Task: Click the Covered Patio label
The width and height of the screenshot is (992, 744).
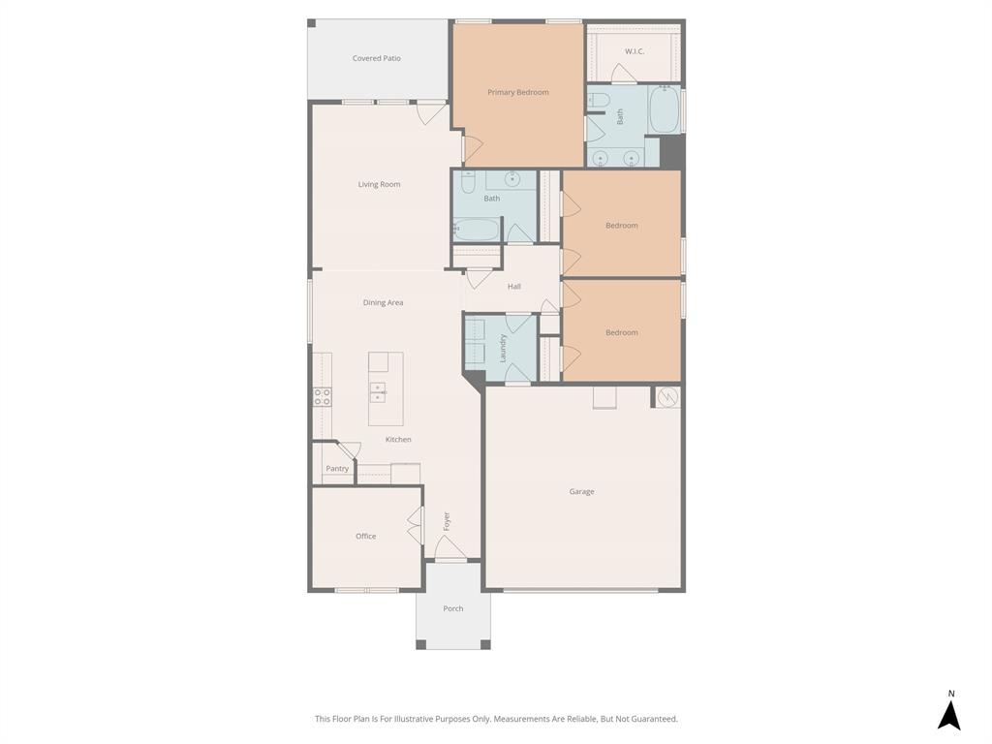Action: [x=376, y=58]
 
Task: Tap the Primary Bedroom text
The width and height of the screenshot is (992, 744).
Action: [x=517, y=92]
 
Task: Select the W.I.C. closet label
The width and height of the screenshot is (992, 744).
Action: [x=635, y=51]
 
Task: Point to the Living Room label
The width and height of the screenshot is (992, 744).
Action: [x=379, y=184]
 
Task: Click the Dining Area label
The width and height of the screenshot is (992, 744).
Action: [x=383, y=302]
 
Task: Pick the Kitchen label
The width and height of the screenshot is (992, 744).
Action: [x=398, y=440]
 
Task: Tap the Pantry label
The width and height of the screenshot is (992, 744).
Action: [x=337, y=469]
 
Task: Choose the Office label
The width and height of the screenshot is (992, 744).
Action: [x=365, y=536]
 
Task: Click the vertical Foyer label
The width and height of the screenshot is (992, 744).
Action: [x=447, y=521]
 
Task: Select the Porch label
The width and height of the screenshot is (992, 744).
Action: [x=452, y=608]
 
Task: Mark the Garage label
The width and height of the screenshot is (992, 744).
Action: [x=581, y=491]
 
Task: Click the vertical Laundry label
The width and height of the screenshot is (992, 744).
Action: [x=503, y=349]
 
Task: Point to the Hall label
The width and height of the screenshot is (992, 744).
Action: [x=514, y=286]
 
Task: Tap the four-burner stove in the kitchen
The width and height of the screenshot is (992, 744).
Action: [x=322, y=396]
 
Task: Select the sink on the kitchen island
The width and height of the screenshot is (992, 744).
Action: [x=378, y=392]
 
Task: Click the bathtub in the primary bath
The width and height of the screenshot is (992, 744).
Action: [x=664, y=110]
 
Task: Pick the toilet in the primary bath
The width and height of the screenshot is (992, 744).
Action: [x=598, y=99]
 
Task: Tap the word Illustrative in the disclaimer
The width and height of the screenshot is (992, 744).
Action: [x=411, y=719]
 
